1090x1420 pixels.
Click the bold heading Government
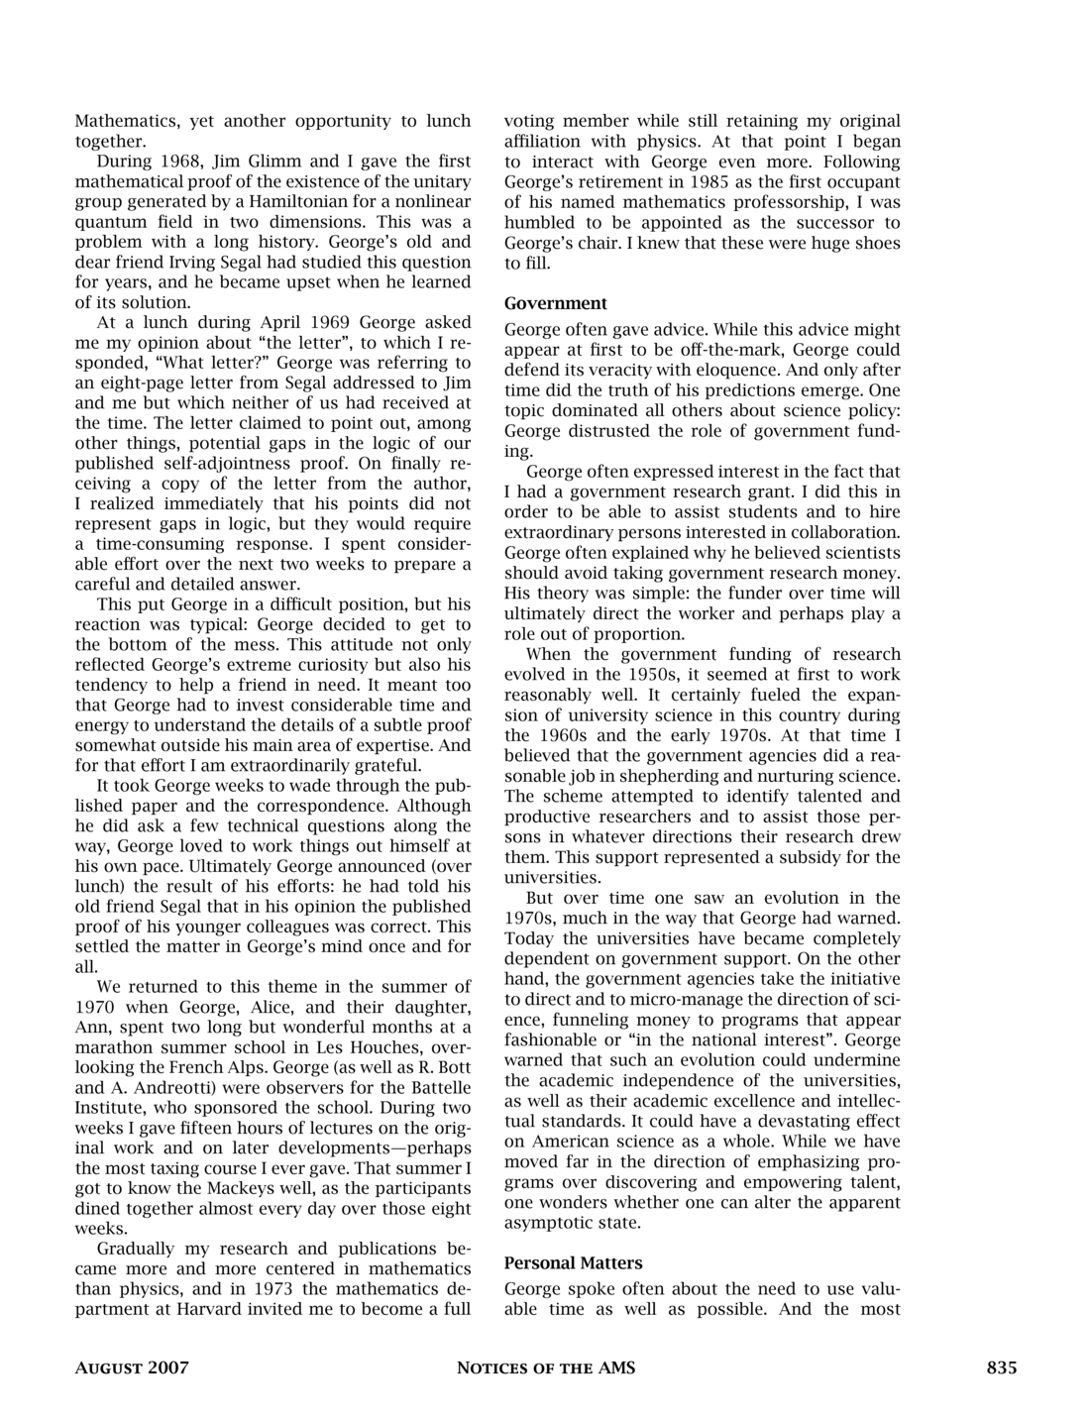pyautogui.click(x=555, y=303)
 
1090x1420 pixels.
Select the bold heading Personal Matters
pyautogui.click(x=573, y=1262)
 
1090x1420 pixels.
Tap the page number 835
pyautogui.click(x=1001, y=1368)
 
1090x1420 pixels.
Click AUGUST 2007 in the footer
pyautogui.click(x=132, y=1368)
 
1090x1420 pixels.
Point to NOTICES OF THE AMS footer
pyautogui.click(x=545, y=1368)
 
